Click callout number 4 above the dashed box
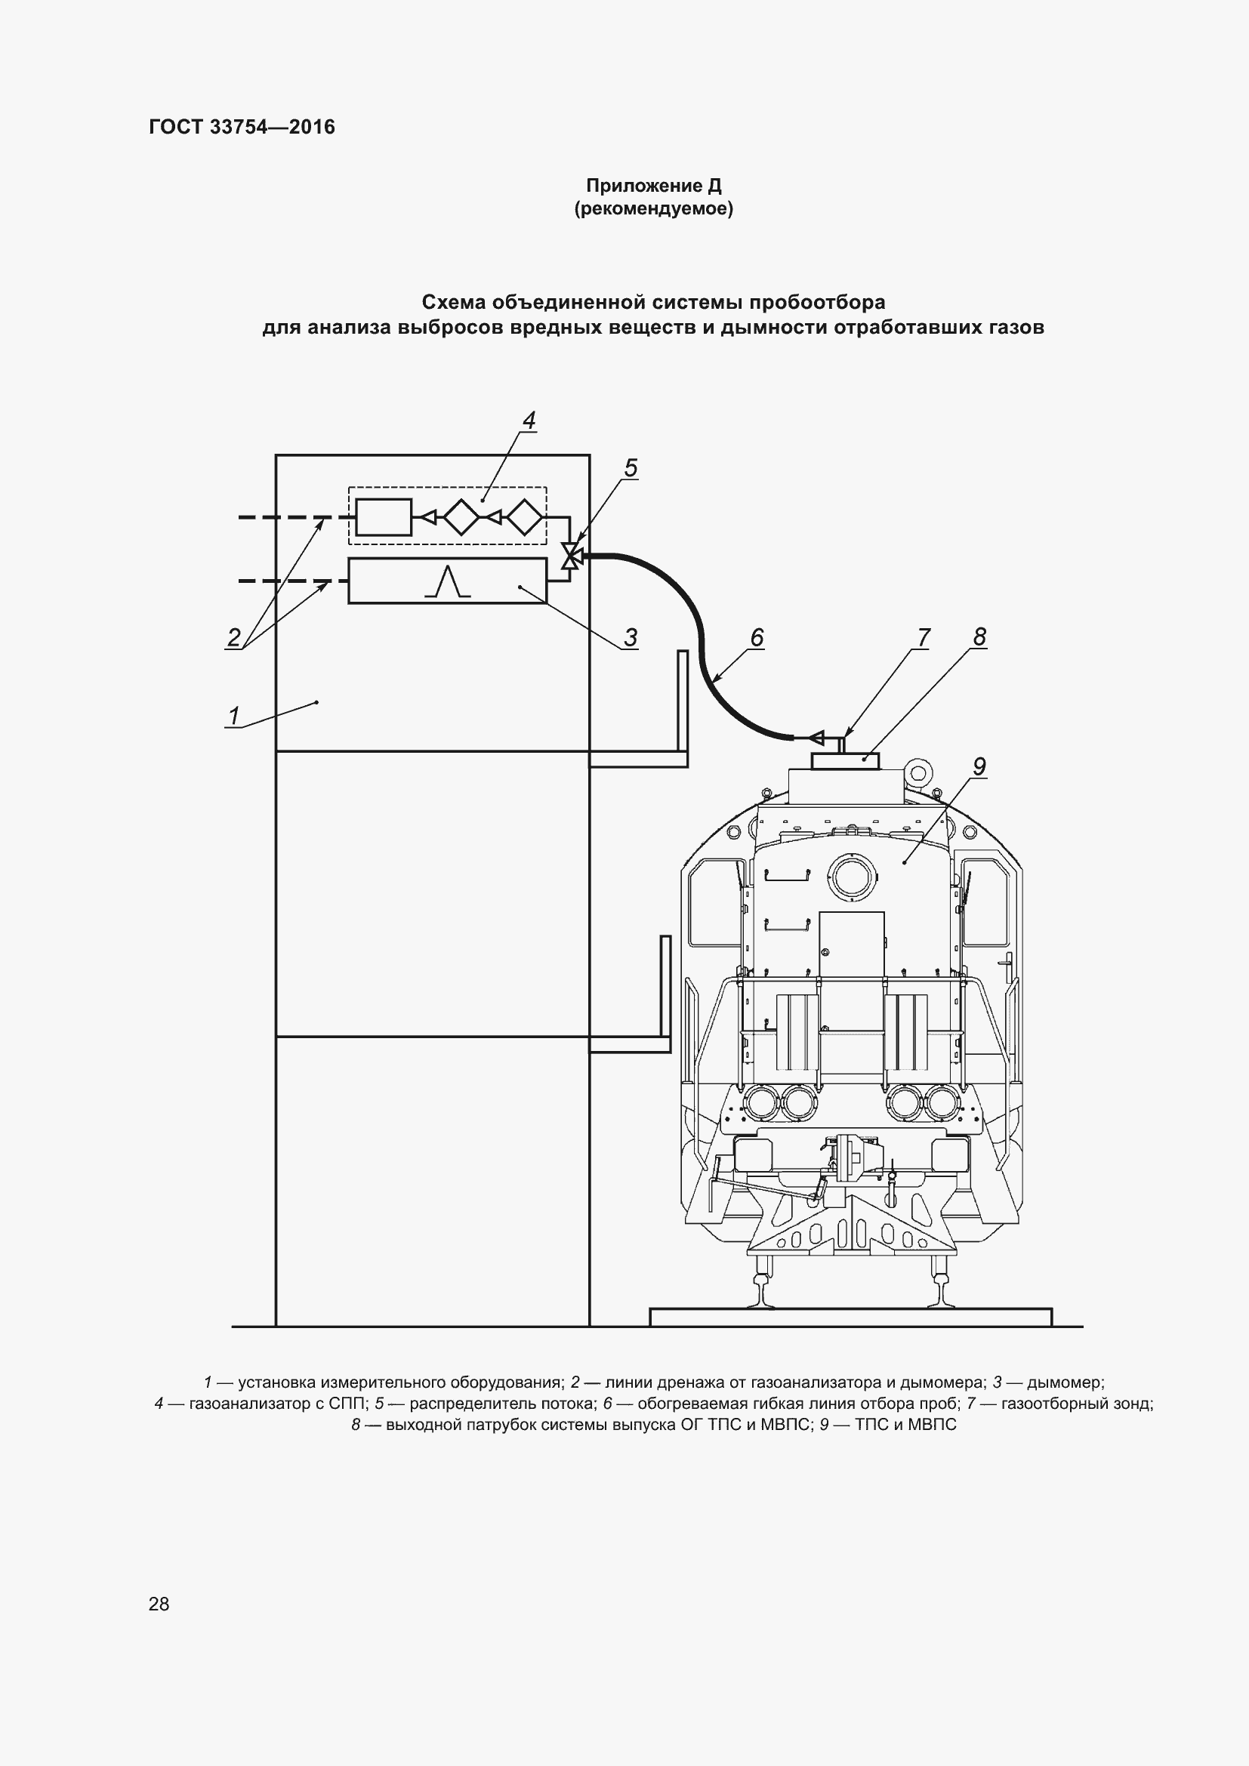[529, 420]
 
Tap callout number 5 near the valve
[631, 467]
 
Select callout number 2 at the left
[234, 637]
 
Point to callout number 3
[631, 637]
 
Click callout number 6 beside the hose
[757, 637]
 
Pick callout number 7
[924, 637]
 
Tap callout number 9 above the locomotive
[979, 766]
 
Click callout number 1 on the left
[234, 715]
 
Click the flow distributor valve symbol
[570, 555]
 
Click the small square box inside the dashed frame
[383, 517]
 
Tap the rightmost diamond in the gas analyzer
[526, 517]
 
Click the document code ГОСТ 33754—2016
[242, 127]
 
